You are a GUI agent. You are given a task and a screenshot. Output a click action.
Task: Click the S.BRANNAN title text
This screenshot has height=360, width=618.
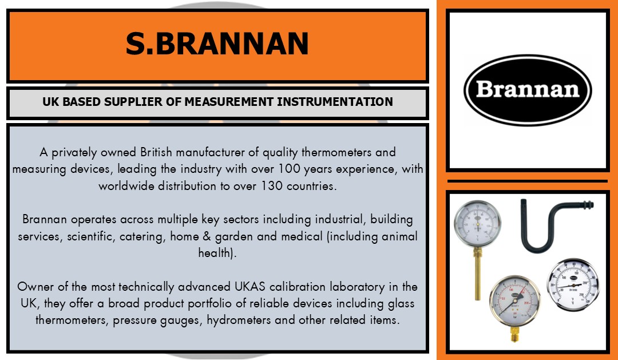click(217, 43)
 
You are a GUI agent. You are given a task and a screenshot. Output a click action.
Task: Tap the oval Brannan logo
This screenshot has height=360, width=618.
click(528, 90)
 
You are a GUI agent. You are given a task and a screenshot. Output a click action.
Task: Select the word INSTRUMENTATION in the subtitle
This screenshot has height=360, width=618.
click(335, 102)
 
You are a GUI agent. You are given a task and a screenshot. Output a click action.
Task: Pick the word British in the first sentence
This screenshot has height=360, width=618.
click(156, 152)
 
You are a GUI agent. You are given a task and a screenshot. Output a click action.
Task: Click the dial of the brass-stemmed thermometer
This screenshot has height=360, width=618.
click(477, 224)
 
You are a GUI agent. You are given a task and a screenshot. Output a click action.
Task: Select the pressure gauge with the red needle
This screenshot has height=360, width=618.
click(515, 301)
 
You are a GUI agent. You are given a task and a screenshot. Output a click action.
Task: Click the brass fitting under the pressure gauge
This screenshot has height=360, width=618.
click(515, 334)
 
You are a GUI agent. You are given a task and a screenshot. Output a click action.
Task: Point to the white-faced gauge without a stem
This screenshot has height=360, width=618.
click(573, 284)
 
